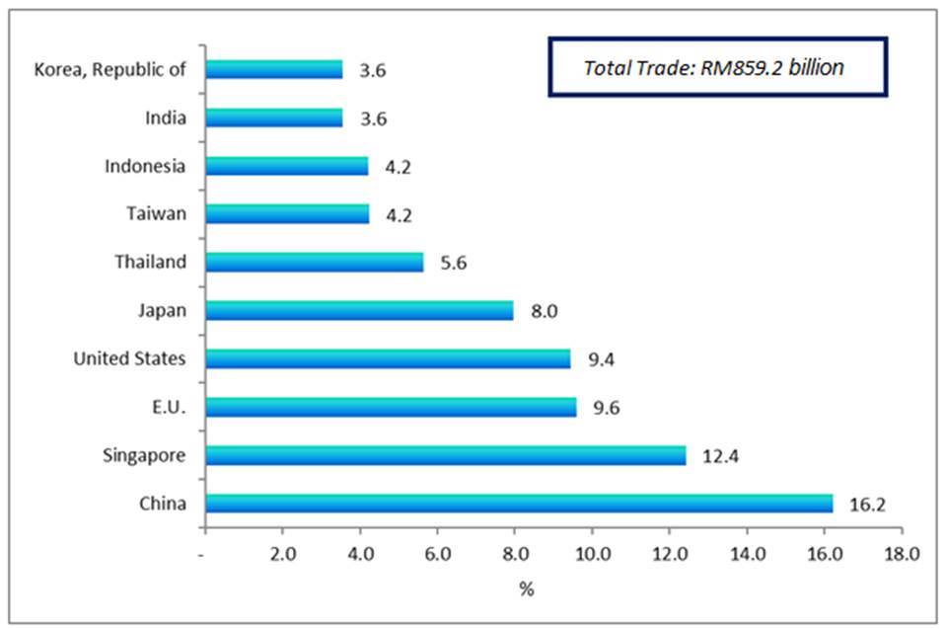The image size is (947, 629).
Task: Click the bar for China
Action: click(x=519, y=504)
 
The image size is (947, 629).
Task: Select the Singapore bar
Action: click(x=445, y=455)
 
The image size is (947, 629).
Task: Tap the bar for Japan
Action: click(x=359, y=310)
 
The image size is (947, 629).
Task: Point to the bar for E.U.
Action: click(x=391, y=407)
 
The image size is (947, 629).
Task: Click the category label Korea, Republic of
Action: click(x=109, y=69)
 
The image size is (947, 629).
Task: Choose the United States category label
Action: click(x=129, y=358)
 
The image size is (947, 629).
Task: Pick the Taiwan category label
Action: click(x=156, y=213)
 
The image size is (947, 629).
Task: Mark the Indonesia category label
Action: click(x=145, y=166)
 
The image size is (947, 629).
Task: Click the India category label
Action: click(x=165, y=118)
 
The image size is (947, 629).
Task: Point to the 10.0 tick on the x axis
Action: click(x=592, y=554)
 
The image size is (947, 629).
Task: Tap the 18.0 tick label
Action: click(x=901, y=554)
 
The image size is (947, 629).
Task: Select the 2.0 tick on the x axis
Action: click(x=282, y=554)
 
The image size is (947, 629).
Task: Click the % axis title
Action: click(x=527, y=590)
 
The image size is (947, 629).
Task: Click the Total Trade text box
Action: click(x=717, y=68)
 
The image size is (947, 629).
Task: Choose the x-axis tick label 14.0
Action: click(x=747, y=554)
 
